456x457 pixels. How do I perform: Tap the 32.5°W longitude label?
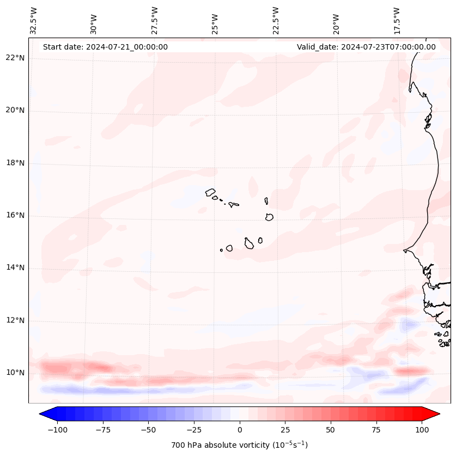coord(34,20)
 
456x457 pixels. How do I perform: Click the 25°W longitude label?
coord(215,20)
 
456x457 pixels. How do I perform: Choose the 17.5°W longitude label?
coord(397,20)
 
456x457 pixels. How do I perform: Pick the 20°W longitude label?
coord(336,20)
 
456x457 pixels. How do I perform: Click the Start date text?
coord(105,47)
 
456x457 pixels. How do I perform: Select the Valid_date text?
coord(366,47)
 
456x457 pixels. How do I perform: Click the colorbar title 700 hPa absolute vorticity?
coord(240,445)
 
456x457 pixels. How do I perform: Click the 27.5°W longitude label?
coord(155,20)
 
